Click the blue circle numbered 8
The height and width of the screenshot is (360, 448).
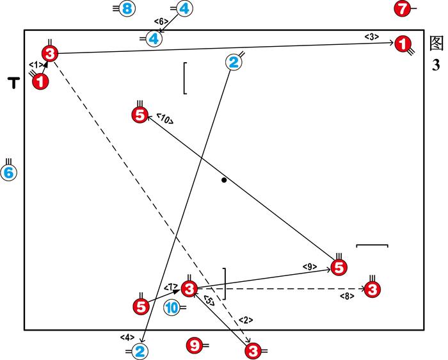point(127,8)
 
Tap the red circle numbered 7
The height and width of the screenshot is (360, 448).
point(401,9)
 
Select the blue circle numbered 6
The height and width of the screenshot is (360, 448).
point(9,172)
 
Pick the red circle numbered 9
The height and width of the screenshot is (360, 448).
point(194,345)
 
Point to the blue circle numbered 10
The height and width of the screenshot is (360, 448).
point(172,308)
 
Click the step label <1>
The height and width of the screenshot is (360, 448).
point(36,65)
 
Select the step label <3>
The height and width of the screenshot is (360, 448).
point(372,37)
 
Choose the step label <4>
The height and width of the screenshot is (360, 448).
point(126,337)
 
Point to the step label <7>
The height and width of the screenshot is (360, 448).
point(171,286)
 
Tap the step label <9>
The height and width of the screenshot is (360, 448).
point(310,265)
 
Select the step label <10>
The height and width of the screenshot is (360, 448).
point(164,119)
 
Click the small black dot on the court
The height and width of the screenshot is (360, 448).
point(224,180)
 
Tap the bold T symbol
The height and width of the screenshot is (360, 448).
point(13,82)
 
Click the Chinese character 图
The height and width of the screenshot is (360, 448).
point(436,43)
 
